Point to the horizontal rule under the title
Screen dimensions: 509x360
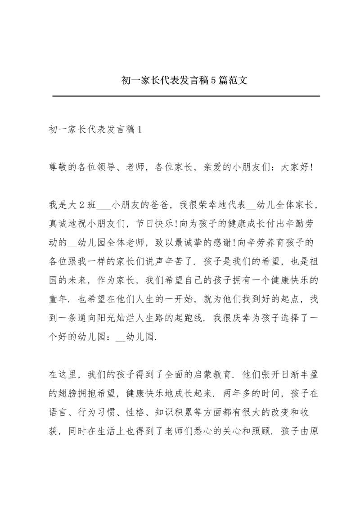point(186,96)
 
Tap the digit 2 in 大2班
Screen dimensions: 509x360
point(82,206)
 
